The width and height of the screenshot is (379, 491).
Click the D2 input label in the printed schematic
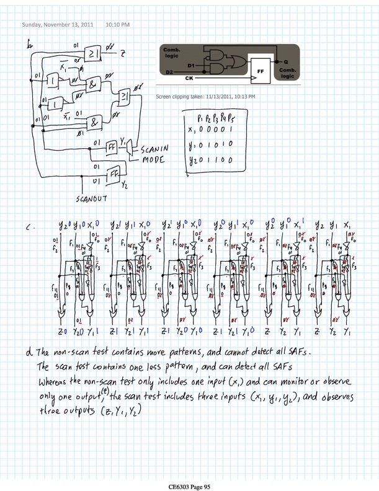[x=169, y=73]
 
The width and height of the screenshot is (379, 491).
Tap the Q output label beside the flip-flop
[x=285, y=62]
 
